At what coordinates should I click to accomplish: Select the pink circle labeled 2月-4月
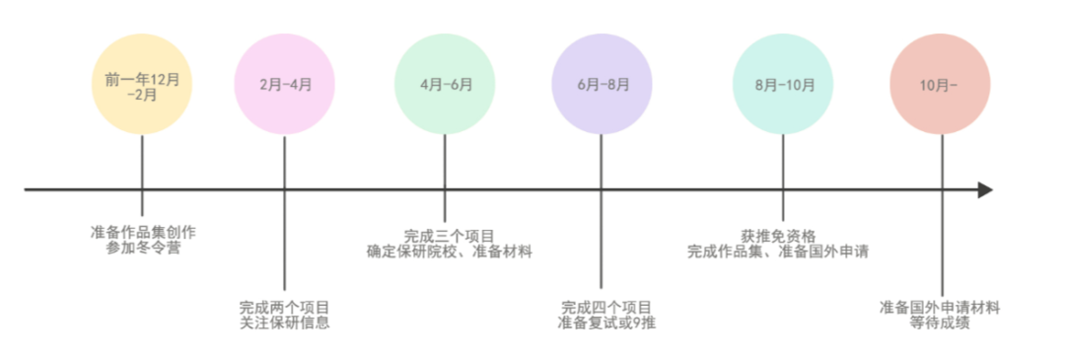pyautogui.click(x=285, y=85)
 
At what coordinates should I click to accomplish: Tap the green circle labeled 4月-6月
pyautogui.click(x=445, y=85)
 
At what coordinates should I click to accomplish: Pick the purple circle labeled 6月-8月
pyautogui.click(x=602, y=85)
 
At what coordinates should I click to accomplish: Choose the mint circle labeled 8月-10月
pyautogui.click(x=784, y=85)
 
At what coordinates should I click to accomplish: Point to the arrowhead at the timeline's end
pyautogui.click(x=984, y=189)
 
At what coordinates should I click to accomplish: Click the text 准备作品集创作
pyautogui.click(x=143, y=232)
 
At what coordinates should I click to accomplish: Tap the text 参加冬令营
pyautogui.click(x=143, y=248)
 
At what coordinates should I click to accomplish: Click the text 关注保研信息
pyautogui.click(x=284, y=323)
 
